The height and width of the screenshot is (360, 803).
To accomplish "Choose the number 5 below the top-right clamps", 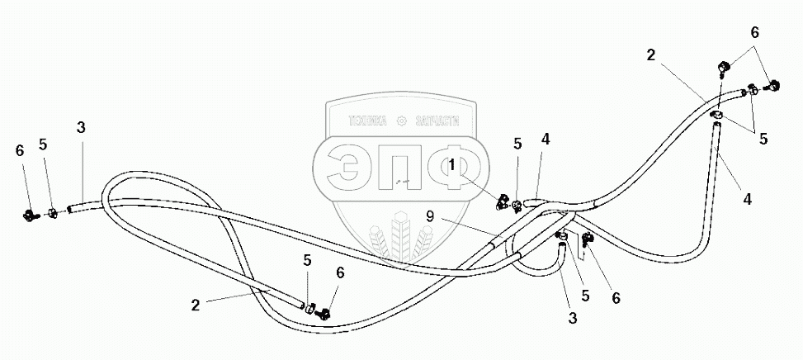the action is [763, 139].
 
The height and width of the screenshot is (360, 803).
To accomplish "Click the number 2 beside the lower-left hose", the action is [195, 305].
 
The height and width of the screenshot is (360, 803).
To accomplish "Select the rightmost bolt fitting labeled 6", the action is [773, 83].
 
